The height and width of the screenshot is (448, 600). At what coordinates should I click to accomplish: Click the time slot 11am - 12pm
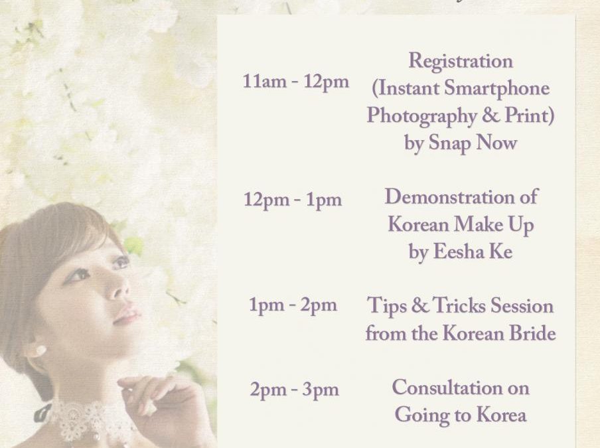296,82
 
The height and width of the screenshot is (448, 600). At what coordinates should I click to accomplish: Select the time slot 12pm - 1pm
293,200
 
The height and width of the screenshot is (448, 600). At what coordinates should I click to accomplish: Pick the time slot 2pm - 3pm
294,390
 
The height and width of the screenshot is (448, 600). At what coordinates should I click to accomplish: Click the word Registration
461,62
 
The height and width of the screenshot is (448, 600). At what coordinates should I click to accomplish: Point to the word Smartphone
496,90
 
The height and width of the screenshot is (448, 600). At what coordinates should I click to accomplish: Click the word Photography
421,116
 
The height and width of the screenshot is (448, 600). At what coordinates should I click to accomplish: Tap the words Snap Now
473,143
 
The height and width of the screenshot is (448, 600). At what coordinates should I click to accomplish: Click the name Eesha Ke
472,252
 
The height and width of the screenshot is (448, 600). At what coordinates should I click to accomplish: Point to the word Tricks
459,306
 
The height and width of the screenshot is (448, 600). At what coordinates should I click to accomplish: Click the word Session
522,306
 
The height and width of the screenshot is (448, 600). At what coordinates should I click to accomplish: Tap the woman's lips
127,316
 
